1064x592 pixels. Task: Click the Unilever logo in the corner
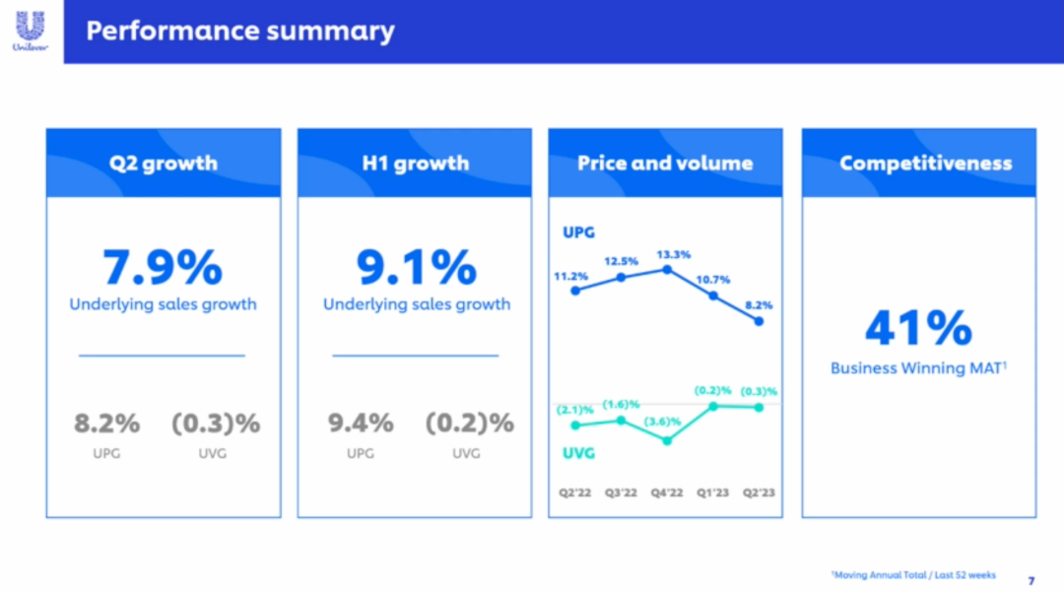tap(30, 31)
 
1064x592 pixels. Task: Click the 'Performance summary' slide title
tap(239, 31)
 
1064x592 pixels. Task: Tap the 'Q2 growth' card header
tap(164, 164)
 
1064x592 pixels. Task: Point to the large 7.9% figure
tap(163, 268)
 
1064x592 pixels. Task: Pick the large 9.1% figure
tap(417, 268)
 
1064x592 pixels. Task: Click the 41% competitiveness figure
tap(918, 329)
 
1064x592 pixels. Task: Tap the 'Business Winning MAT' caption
tap(918, 368)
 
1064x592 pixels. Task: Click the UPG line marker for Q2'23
tap(759, 320)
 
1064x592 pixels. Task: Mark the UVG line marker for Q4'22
tap(667, 440)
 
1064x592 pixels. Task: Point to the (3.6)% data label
tap(665, 422)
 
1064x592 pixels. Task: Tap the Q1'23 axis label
tap(712, 493)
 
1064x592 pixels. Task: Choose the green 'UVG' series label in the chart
tap(578, 453)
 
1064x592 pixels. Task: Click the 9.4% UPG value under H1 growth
tap(361, 424)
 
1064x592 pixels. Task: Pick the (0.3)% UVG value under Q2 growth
tap(216, 424)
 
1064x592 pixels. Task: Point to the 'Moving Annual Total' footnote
tap(913, 574)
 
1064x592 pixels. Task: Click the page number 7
tap(1031, 580)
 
